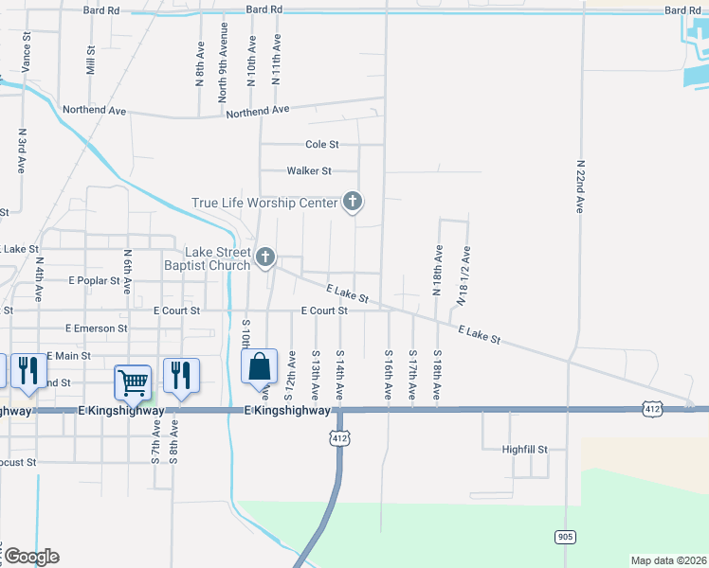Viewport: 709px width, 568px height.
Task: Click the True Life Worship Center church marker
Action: click(353, 202)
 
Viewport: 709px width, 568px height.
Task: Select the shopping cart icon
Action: click(133, 381)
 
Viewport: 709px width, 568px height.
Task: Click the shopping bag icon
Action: click(259, 366)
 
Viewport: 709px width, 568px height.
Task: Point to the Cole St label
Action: click(322, 145)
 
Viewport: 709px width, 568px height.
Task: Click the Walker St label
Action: click(310, 171)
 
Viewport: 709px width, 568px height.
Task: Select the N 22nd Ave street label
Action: click(579, 186)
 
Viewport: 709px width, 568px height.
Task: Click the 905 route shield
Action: click(565, 537)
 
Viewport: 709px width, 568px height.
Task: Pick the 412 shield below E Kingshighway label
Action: click(340, 438)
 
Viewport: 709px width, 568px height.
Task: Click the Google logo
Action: click(30, 557)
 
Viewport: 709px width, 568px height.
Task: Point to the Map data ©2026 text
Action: click(668, 560)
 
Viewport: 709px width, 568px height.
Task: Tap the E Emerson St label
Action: click(96, 328)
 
